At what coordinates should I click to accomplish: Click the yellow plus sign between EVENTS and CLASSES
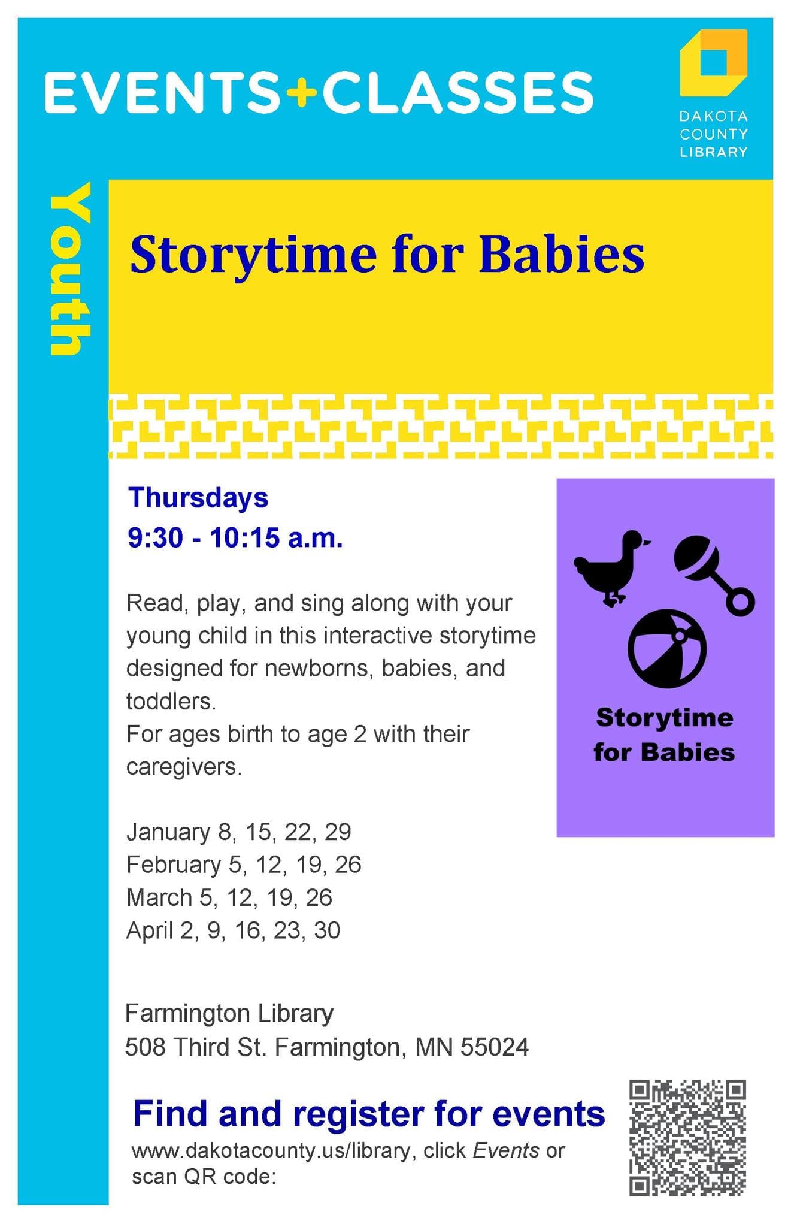click(x=301, y=93)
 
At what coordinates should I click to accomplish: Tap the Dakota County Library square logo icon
click(x=713, y=62)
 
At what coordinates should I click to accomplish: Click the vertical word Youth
click(x=70, y=269)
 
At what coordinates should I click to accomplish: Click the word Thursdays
click(x=198, y=498)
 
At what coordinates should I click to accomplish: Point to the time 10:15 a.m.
click(x=276, y=538)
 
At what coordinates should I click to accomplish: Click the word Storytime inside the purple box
click(x=664, y=718)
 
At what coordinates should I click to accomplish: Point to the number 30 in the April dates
click(x=327, y=930)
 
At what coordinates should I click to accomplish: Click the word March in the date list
click(x=159, y=897)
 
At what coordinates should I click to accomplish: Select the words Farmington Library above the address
click(x=229, y=1013)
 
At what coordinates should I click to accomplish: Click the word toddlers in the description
click(x=171, y=701)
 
